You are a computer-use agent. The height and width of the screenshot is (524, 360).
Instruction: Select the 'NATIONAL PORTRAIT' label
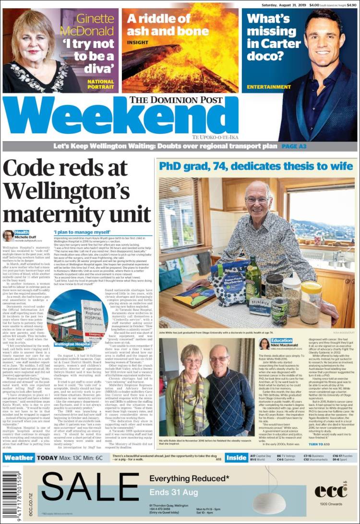[x=101, y=84]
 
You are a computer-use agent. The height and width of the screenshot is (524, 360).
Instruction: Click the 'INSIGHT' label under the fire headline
[x=138, y=42]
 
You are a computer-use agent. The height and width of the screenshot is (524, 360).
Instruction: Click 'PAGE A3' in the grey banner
[x=296, y=146]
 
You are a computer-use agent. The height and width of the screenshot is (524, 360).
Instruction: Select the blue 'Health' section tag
[x=23, y=233]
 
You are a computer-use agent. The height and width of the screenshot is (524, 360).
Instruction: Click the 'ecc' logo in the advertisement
[x=331, y=490]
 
